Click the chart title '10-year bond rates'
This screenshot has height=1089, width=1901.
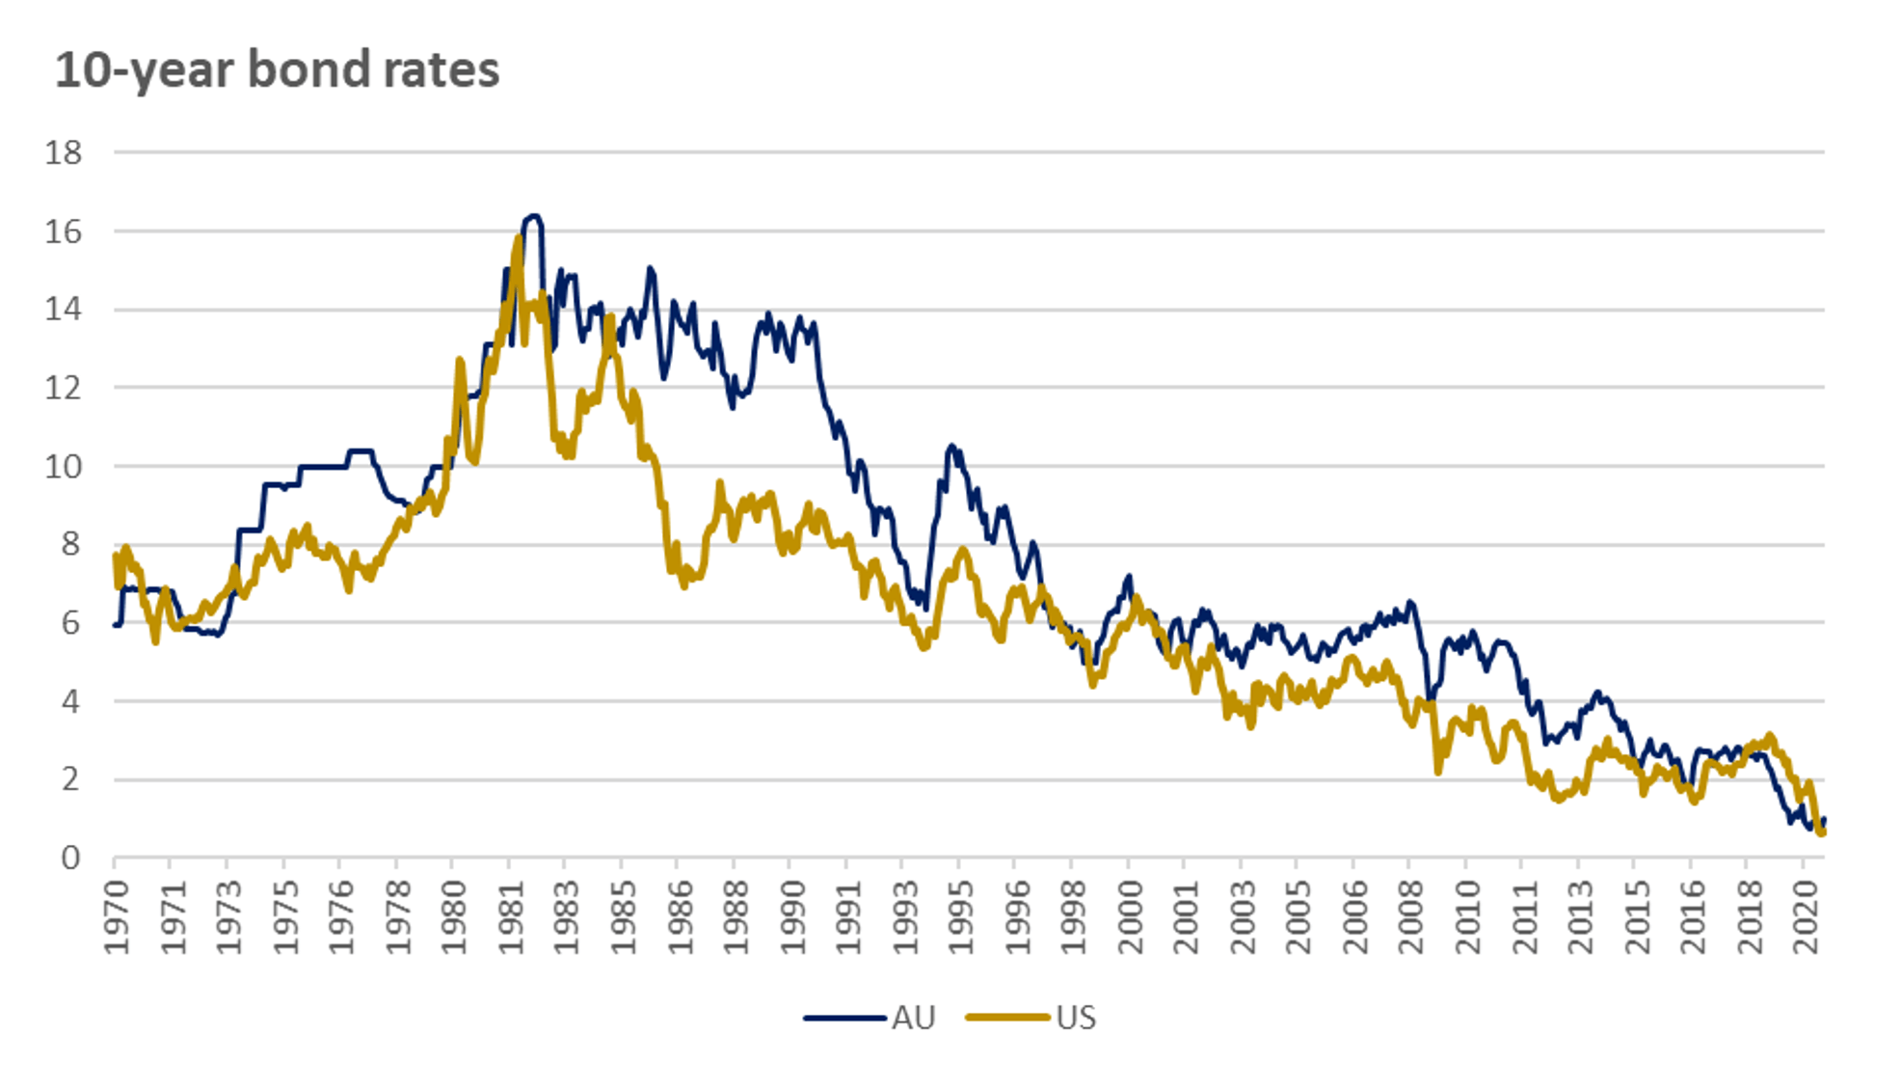tap(277, 70)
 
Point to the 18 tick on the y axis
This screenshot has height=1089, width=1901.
tap(64, 152)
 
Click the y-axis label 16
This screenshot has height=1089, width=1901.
tap(64, 231)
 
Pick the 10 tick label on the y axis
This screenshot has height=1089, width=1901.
tap(64, 467)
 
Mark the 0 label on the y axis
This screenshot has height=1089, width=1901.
tap(70, 858)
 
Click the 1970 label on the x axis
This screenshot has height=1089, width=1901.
tap(117, 916)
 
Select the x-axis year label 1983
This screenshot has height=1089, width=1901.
tap(567, 916)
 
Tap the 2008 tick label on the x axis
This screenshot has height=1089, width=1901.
tap(1411, 916)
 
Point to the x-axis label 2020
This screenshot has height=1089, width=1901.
tap(1806, 916)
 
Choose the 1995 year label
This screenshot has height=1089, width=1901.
tap(961, 916)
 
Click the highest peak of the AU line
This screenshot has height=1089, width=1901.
tap(533, 216)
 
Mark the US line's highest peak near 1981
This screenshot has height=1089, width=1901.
tap(519, 238)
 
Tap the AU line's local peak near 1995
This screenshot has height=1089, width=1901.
tap(952, 446)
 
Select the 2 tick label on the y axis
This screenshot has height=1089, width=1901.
tap(70, 779)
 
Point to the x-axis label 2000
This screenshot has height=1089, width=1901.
tap(1130, 916)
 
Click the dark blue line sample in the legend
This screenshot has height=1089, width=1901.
tap(844, 1019)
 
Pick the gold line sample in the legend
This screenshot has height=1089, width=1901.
tap(1007, 1019)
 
